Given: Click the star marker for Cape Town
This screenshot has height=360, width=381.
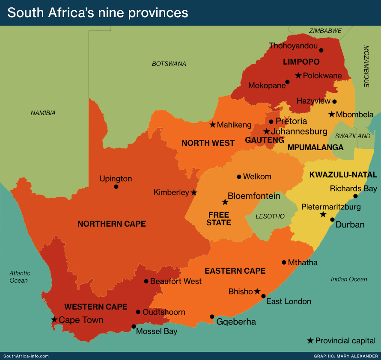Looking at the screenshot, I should point(54,319).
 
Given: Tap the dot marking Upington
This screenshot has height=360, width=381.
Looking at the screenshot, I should point(116,186).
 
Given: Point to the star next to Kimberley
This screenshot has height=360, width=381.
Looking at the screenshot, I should point(194,193).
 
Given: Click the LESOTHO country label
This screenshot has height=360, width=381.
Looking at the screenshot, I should point(270,216).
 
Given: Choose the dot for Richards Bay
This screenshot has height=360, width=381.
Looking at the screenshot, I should point(355,196).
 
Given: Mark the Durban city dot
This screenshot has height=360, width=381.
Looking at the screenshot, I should point(332,219).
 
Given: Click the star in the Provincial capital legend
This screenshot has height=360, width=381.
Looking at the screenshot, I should point(310,341).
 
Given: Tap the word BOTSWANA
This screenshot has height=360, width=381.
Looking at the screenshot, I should point(169,64).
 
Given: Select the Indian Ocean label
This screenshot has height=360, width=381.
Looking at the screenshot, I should point(349,279).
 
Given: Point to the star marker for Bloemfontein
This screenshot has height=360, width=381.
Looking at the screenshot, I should point(225,202).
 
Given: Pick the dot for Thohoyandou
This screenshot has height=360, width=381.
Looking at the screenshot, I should point(321,50).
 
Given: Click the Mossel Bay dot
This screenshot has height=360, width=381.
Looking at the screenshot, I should point(134,326).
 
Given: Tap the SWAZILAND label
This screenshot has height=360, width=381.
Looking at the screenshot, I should point(352,136).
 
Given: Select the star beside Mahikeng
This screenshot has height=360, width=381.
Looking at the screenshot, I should point(212,125).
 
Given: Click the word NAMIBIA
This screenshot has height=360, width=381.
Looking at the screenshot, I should point(43,113).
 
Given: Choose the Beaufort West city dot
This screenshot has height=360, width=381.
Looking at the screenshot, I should point(146,281).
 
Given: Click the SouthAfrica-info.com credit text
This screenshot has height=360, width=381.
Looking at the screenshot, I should point(26,356).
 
